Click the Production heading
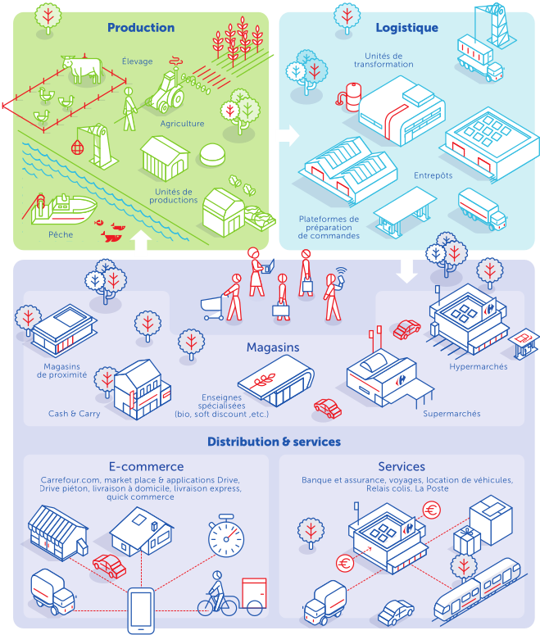click(x=141, y=28)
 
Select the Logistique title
click(x=407, y=28)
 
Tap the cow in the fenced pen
click(x=82, y=68)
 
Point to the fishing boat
click(x=64, y=210)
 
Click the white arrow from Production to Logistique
click(x=289, y=135)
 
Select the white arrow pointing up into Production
click(x=141, y=240)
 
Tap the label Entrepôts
click(x=433, y=175)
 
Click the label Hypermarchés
click(x=479, y=366)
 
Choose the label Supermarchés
click(x=452, y=414)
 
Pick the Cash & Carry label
click(x=74, y=414)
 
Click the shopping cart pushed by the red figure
click(x=212, y=308)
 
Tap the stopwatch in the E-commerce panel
click(x=226, y=535)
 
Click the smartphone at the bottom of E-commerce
click(x=141, y=610)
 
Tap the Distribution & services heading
click(x=275, y=442)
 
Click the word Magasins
click(x=273, y=347)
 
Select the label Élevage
click(x=138, y=61)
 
